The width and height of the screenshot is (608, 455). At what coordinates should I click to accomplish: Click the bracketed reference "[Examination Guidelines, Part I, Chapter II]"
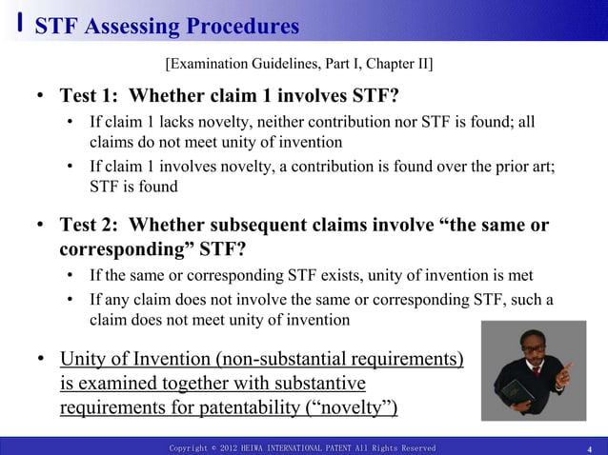coord(298,64)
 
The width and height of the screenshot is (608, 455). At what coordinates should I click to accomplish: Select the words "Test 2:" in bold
coord(90,226)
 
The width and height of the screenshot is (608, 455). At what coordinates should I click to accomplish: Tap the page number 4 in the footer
coord(591,448)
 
